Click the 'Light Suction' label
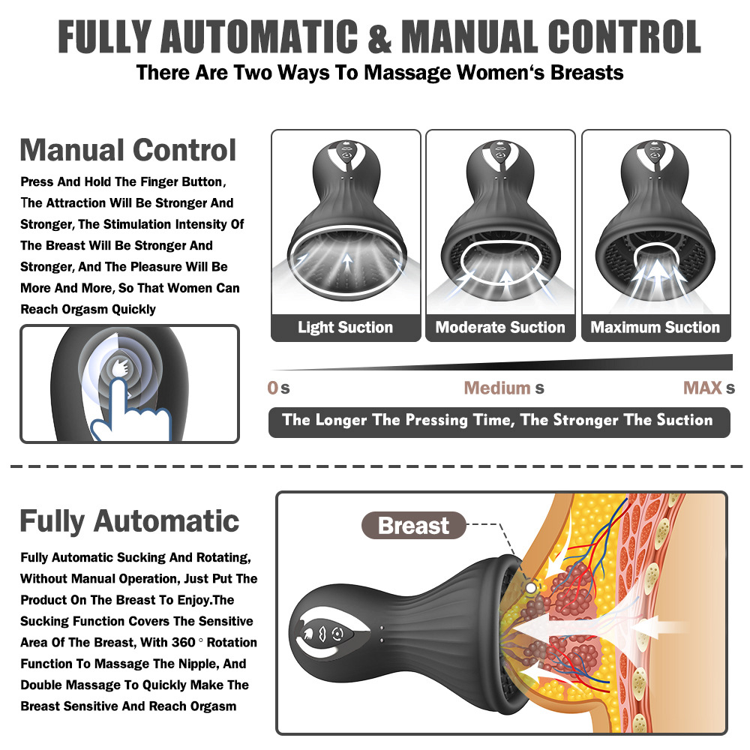pyautogui.click(x=345, y=328)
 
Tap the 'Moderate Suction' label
pyautogui.click(x=500, y=328)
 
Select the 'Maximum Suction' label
pyautogui.click(x=655, y=328)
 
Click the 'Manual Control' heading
pyautogui.click(x=128, y=150)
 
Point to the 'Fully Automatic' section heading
pyautogui.click(x=130, y=520)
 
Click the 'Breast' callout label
pyautogui.click(x=413, y=526)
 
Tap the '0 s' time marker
pyautogui.click(x=278, y=388)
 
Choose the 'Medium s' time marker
pyautogui.click(x=503, y=388)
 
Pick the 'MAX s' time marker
pyautogui.click(x=708, y=388)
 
